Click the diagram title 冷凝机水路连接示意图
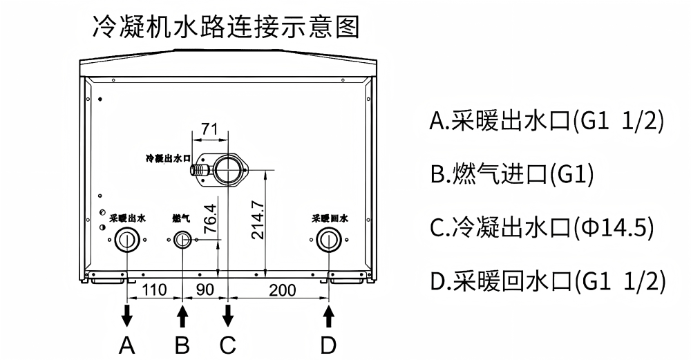[226, 27]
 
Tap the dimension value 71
[209, 129]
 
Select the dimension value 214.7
[258, 220]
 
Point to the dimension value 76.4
[210, 218]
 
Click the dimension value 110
[154, 290]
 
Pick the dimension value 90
[205, 290]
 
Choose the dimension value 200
[283, 290]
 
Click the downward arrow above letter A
[127, 314]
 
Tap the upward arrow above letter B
[182, 314]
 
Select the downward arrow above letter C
[227, 314]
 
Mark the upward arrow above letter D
[328, 314]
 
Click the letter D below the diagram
[328, 345]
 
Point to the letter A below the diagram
[127, 345]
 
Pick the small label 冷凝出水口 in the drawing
[169, 158]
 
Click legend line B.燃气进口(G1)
[512, 175]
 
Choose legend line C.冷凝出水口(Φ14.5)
[542, 228]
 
